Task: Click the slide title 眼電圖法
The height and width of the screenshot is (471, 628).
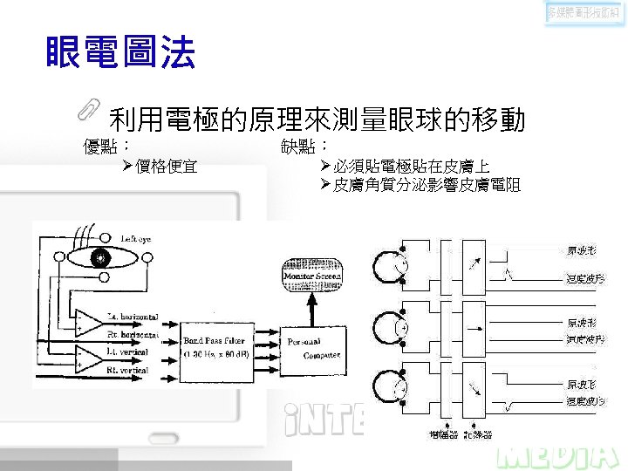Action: [x=121, y=54]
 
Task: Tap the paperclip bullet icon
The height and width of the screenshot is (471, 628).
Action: [x=89, y=107]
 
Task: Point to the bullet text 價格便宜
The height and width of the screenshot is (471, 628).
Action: [x=166, y=165]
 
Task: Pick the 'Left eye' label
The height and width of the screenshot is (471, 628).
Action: [x=135, y=239]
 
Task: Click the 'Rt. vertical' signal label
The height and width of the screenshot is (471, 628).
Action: [x=127, y=371]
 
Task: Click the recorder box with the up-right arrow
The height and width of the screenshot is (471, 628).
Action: [x=474, y=263]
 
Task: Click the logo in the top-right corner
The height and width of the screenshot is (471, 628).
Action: [x=585, y=12]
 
